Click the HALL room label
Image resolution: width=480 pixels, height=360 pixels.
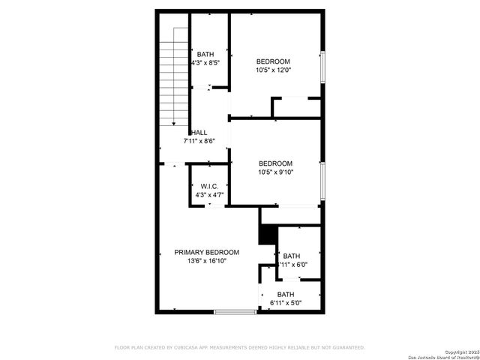(x=199, y=132)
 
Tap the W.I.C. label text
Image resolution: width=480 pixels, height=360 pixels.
(x=209, y=186)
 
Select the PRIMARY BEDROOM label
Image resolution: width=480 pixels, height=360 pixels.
(x=207, y=252)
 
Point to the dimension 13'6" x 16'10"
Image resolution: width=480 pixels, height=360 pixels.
(x=206, y=261)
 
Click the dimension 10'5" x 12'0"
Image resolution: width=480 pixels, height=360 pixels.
(x=273, y=70)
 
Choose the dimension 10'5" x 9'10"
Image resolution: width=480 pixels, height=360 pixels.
(x=275, y=172)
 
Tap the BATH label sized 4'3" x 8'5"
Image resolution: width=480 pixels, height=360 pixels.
(x=205, y=54)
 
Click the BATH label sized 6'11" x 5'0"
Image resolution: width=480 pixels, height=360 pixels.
(x=285, y=294)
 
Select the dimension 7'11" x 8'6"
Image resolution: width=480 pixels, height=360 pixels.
(x=199, y=141)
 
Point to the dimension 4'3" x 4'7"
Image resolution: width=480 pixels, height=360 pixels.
(x=209, y=195)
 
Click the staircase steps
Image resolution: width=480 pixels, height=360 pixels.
(x=174, y=75)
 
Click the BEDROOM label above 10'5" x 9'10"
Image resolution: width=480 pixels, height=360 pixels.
(x=275, y=163)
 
